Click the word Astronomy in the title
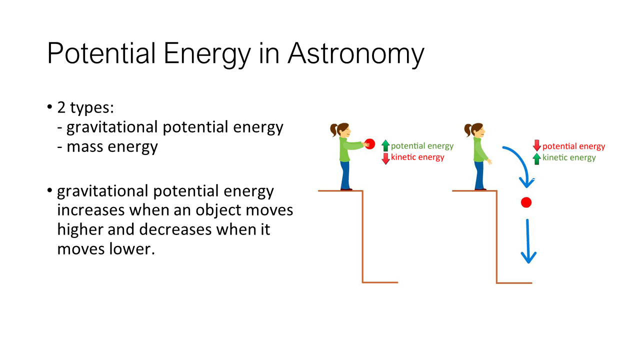click(356, 54)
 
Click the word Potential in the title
click(101, 53)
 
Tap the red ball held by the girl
click(369, 144)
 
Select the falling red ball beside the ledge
click(526, 202)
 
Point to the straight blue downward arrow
click(528, 241)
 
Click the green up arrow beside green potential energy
click(385, 145)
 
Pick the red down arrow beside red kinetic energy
click(385, 158)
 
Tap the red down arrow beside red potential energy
click(537, 145)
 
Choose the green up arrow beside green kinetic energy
click(537, 159)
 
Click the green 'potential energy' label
click(422, 146)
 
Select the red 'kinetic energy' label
click(417, 157)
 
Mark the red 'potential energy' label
click(573, 146)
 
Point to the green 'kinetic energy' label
click(569, 157)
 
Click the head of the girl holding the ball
click(342, 130)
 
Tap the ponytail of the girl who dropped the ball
click(467, 130)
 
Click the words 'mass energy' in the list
click(112, 147)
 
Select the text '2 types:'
click(85, 108)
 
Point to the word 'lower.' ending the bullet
click(131, 248)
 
